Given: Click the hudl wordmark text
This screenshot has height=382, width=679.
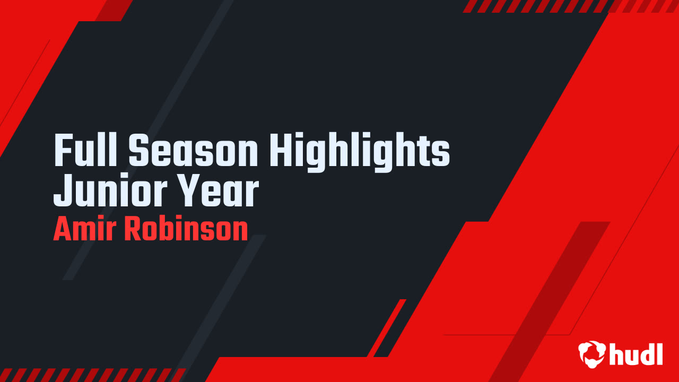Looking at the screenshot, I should [x=636, y=354].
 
